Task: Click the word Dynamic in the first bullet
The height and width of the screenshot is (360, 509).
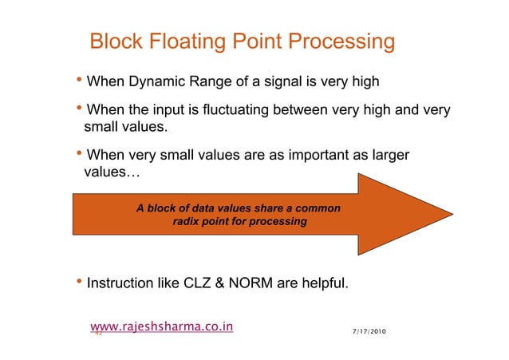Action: pyautogui.click(x=157, y=81)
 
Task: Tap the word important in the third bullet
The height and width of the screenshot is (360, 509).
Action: pyautogui.click(x=303, y=154)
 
